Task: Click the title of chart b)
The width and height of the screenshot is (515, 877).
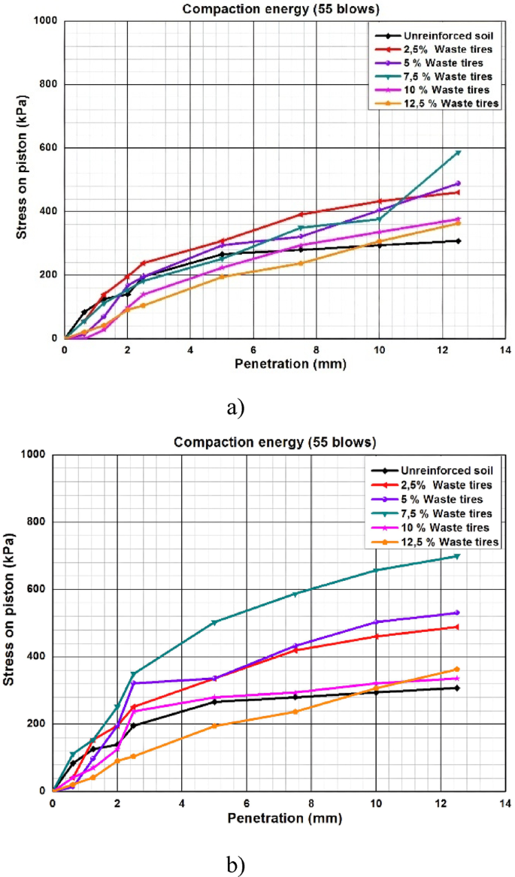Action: (274, 442)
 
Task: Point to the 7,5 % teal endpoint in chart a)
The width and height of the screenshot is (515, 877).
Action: (457, 153)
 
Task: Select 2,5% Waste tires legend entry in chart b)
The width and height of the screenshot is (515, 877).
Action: (436, 484)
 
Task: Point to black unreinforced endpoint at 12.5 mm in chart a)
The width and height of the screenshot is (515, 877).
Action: (457, 240)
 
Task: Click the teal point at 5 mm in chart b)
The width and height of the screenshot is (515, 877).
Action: (214, 622)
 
